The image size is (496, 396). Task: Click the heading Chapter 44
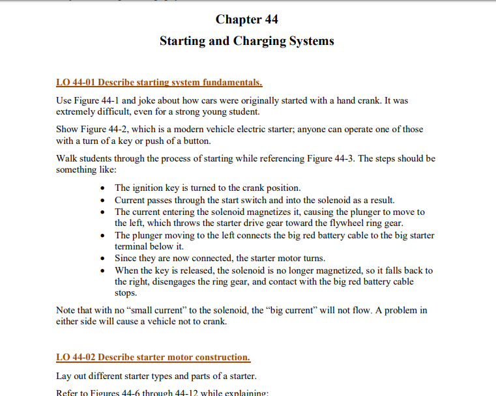click(x=247, y=20)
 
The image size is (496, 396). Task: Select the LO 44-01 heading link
click(x=159, y=83)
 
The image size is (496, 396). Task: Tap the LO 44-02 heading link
click(x=153, y=357)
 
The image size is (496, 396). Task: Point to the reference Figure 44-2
click(x=102, y=129)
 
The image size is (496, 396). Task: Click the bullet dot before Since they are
click(x=105, y=259)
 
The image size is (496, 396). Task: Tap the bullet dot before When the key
click(x=105, y=270)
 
